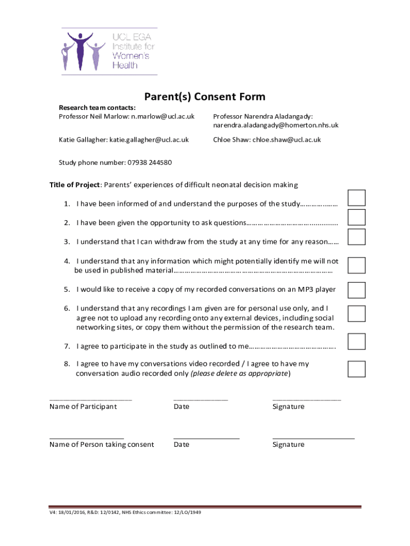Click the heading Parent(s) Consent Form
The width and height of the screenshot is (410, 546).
click(204, 97)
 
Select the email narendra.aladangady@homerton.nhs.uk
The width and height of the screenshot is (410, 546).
click(276, 125)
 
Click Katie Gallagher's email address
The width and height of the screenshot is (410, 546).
click(149, 140)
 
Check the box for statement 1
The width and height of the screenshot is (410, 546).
click(356, 198)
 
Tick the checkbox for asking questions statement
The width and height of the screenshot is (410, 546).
click(356, 218)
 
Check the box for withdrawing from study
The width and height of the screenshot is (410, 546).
click(356, 237)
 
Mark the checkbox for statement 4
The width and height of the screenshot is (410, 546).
click(356, 266)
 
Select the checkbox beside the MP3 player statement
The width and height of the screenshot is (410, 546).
click(356, 290)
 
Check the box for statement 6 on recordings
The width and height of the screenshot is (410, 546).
click(356, 314)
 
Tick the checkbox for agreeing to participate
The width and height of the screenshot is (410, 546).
click(356, 341)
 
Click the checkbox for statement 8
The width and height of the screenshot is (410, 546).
click(356, 368)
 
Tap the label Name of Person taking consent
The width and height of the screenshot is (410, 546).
click(102, 444)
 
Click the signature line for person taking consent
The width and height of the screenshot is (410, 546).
click(313, 437)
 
